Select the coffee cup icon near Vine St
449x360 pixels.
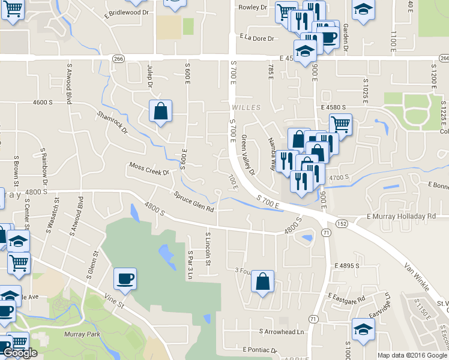click(125, 278)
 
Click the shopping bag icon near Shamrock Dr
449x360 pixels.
click(161, 110)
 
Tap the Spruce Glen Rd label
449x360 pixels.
click(194, 202)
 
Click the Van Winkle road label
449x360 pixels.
click(418, 276)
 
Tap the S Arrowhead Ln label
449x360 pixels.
click(282, 331)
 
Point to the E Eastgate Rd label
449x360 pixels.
click(346, 298)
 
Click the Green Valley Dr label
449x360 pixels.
click(248, 155)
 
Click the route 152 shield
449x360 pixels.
click(342, 223)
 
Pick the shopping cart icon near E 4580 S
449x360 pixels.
click(340, 124)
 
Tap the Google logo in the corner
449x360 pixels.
click(20, 353)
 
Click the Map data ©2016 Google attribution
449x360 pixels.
click(412, 355)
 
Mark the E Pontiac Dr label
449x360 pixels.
click(260, 349)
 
